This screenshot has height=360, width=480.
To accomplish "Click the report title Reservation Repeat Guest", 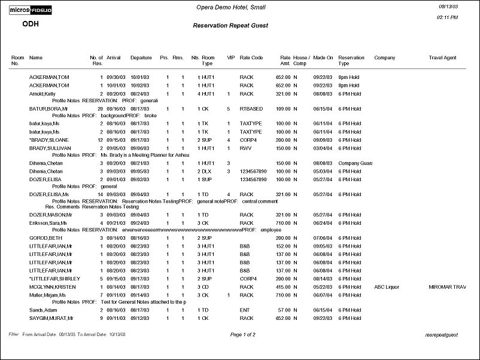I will (x=230, y=26).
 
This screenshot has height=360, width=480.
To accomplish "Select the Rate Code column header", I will (x=251, y=58).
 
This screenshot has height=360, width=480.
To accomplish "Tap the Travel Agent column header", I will (x=443, y=58).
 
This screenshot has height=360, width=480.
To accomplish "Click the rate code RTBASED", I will (x=251, y=109).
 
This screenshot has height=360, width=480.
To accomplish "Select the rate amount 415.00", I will (x=282, y=286).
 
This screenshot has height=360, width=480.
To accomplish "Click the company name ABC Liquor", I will (x=387, y=286).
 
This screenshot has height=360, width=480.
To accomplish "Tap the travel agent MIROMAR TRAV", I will (x=447, y=286).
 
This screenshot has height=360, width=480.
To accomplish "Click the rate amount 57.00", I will (x=284, y=310).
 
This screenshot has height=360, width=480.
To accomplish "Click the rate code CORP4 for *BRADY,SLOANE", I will (x=248, y=139).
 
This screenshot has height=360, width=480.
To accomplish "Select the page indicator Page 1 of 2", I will (x=242, y=334).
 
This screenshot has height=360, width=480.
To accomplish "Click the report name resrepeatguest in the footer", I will (x=440, y=335).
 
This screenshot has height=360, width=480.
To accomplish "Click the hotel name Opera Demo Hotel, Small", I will (x=231, y=7).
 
